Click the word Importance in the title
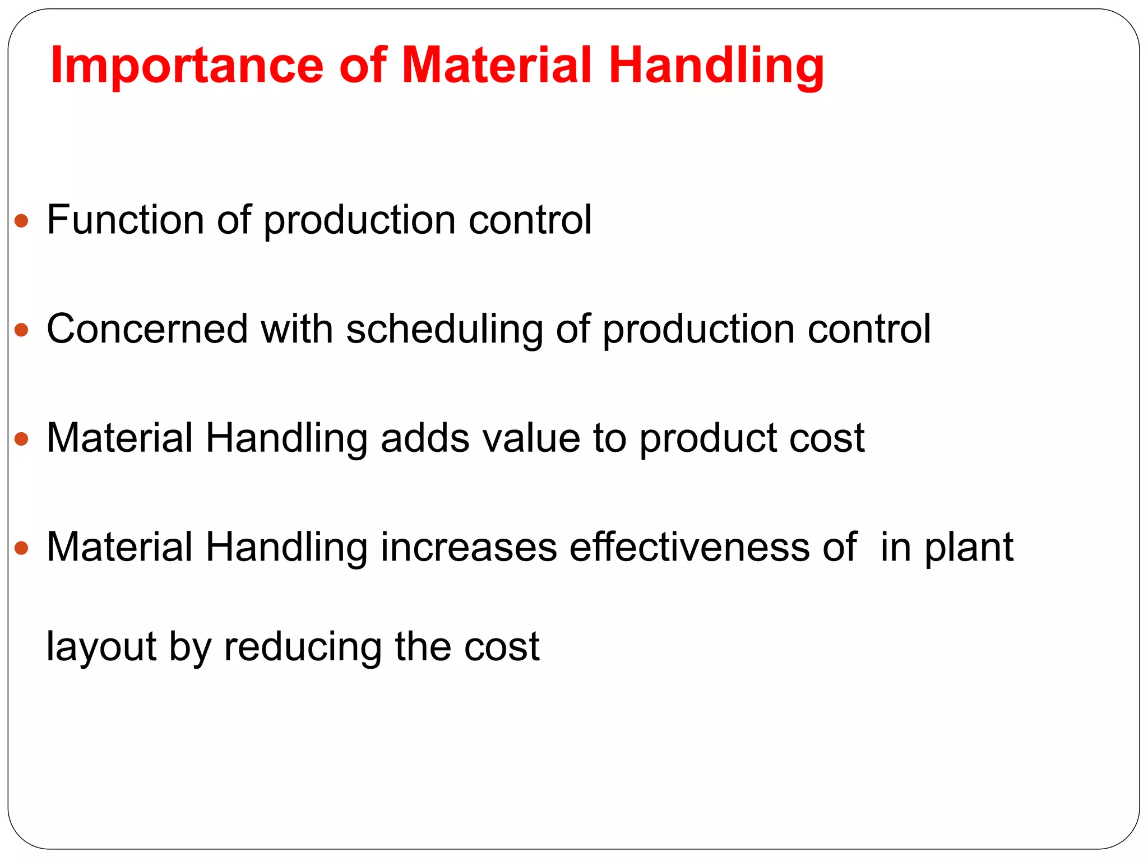pyautogui.click(x=187, y=66)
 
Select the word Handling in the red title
pyautogui.click(x=716, y=66)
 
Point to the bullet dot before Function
pyautogui.click(x=21, y=220)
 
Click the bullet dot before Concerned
pyautogui.click(x=21, y=330)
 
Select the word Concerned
pyautogui.click(x=147, y=328)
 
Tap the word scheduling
pyautogui.click(x=445, y=330)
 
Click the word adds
pyautogui.click(x=425, y=438)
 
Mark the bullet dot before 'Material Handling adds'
pyautogui.click(x=21, y=439)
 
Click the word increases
pyautogui.click(x=469, y=547)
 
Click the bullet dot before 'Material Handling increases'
pyautogui.click(x=21, y=548)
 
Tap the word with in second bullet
pyautogui.click(x=297, y=328)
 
